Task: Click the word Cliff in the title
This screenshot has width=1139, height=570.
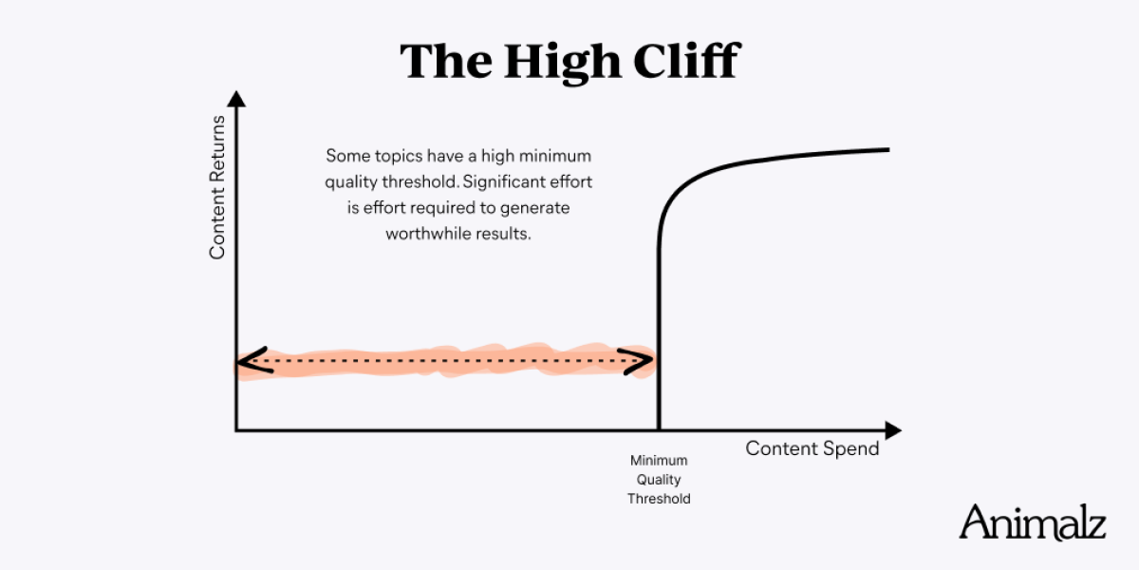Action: coord(687,61)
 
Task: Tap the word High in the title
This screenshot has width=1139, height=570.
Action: coord(563,63)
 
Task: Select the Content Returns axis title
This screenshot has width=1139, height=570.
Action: coord(217,187)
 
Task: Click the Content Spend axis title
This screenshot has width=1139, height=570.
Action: coord(812,448)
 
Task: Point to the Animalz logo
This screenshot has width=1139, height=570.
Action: coord(1033,522)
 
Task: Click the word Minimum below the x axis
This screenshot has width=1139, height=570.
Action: coord(659,461)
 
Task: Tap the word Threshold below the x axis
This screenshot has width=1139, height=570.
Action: coord(659,499)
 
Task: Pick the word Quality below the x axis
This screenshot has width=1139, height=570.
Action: coord(659,480)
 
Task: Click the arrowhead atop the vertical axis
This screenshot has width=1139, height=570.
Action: coord(236,99)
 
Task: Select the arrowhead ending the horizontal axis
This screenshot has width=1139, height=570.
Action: coord(893,430)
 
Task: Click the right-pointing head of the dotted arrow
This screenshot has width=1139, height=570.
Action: coord(636,361)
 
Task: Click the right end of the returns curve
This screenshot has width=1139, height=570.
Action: coord(889,150)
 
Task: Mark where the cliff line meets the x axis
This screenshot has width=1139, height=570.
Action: coord(659,430)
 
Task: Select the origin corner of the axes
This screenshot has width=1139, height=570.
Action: coord(236,430)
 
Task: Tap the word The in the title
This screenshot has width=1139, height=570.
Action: coord(446,61)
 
